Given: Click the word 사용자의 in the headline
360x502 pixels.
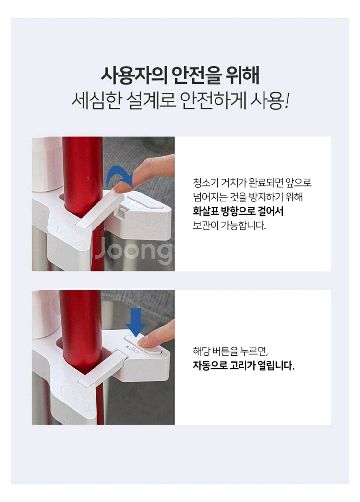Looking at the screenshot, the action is [x=134, y=75].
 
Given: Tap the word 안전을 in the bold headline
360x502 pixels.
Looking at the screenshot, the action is [x=196, y=75].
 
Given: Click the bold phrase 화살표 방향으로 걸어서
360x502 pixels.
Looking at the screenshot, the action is [x=238, y=211].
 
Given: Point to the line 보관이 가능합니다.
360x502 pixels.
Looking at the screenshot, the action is [x=229, y=226].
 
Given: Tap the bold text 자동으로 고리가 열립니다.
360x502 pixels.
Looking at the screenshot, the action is [x=243, y=365].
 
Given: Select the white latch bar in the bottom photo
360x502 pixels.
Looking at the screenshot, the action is [x=102, y=368].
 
